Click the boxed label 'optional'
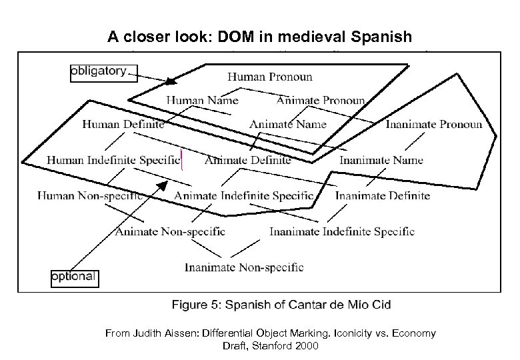coord(75,277)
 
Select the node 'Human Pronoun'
coord(269,77)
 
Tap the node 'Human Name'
coord(202,101)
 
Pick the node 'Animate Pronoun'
coord(321,101)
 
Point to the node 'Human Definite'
coord(123,124)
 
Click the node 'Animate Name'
coord(288,124)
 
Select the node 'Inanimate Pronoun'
coord(433,124)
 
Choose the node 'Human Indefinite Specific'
coord(113,160)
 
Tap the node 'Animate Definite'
coord(247,160)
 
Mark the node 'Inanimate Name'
coord(381,160)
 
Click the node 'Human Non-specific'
coord(90,196)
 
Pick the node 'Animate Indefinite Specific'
coord(244,196)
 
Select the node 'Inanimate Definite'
coord(383,196)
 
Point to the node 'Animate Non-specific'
coord(170,232)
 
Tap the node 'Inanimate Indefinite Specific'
coord(342,232)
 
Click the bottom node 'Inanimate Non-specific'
coord(244,268)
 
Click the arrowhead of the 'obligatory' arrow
coord(172,82)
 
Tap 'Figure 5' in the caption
coord(196,305)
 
